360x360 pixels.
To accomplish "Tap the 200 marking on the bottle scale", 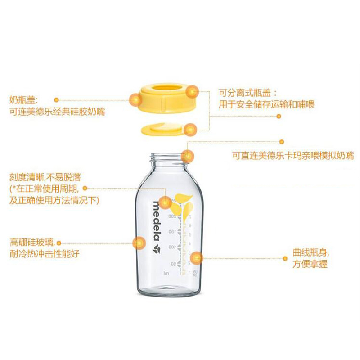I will point(172,216).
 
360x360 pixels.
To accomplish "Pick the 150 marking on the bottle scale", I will point(172,232).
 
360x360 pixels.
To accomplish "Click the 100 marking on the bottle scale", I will point(172,247).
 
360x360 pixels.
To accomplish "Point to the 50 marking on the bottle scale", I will point(173,263).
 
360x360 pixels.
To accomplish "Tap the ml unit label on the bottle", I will point(166,273).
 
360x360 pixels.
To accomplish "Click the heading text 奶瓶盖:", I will point(24,100).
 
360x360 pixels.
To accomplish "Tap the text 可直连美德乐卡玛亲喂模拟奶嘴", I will point(292,156).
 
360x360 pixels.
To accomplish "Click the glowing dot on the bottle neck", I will point(188,156).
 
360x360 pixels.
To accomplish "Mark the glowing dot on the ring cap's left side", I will point(135,99).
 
